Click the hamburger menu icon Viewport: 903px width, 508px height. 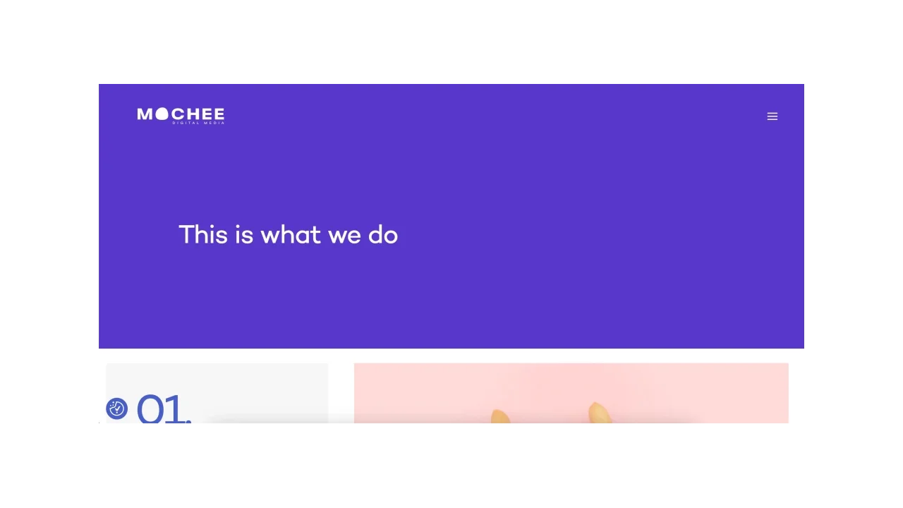(x=772, y=116)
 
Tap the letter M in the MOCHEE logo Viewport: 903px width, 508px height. (x=145, y=114)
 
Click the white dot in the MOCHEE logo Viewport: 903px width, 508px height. (x=162, y=114)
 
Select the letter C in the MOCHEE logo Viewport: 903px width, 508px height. (x=176, y=114)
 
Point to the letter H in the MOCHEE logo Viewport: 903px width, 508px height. (x=192, y=114)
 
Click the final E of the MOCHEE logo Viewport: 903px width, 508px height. (x=219, y=114)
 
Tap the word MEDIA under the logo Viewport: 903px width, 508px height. (x=214, y=123)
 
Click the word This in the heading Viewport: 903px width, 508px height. (x=203, y=234)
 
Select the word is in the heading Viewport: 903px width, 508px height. (x=244, y=234)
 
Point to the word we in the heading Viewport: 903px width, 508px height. (x=345, y=236)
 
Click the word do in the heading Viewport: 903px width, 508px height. (x=383, y=234)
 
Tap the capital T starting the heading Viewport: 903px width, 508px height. (x=186, y=234)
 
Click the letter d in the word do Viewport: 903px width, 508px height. (x=375, y=234)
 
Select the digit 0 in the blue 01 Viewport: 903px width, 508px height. (x=150, y=410)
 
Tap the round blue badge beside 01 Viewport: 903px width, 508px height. (x=117, y=409)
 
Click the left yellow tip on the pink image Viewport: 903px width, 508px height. (x=499, y=416)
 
